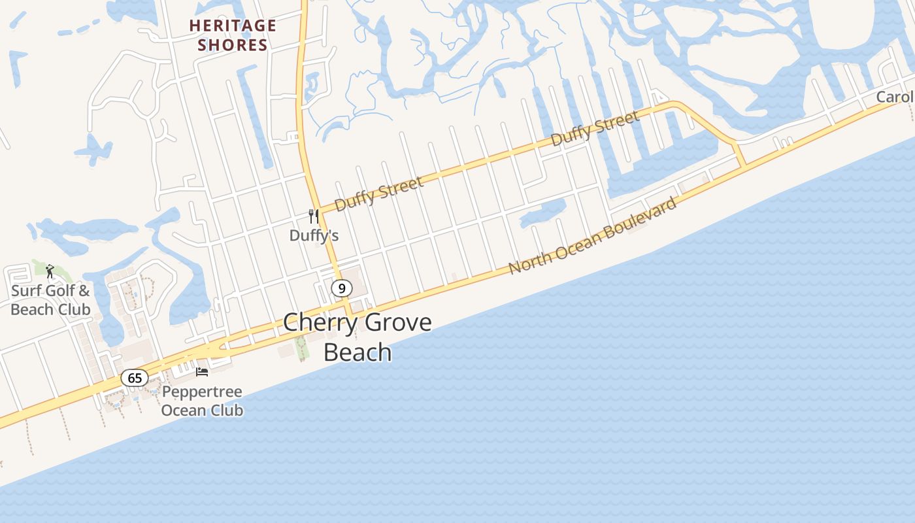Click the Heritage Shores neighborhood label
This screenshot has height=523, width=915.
(233, 35)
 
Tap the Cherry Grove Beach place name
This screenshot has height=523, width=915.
(358, 337)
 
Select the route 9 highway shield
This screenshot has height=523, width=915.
(341, 288)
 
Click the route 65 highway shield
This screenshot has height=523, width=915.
(135, 378)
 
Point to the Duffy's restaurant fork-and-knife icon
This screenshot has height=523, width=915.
(314, 216)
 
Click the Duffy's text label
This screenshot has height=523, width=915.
(314, 235)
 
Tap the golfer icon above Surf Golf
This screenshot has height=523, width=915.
(50, 271)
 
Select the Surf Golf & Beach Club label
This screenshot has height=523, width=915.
(50, 300)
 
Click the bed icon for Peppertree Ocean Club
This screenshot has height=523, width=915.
(202, 372)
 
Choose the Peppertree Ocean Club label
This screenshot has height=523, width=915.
(202, 401)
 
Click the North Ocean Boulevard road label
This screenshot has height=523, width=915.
(593, 237)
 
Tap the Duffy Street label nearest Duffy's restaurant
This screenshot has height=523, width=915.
(378, 194)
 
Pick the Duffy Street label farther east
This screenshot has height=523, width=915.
(595, 128)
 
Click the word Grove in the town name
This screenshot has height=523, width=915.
(398, 322)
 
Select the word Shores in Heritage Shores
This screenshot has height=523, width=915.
(233, 45)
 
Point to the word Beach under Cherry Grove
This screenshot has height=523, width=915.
(358, 352)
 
